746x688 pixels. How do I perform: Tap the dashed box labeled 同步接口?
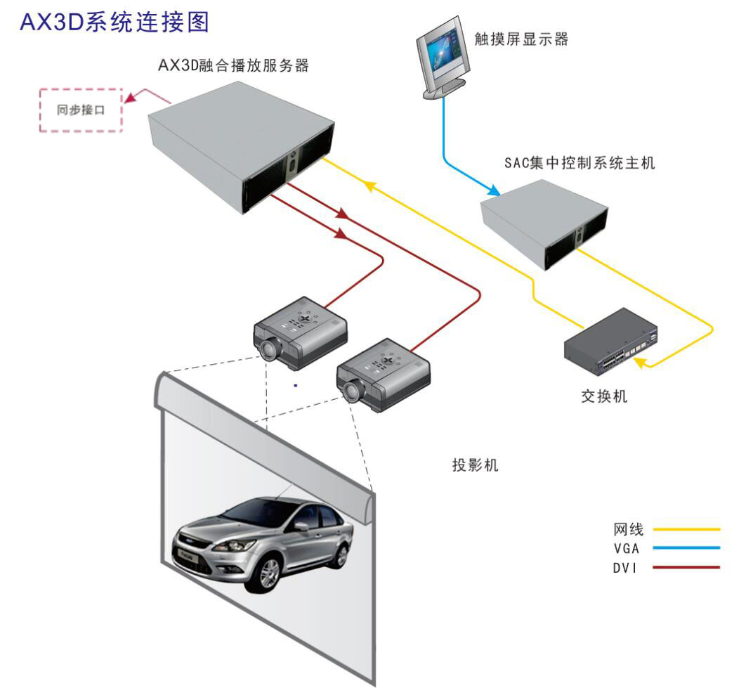[x=80, y=110]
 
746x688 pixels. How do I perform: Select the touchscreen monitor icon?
[x=440, y=62]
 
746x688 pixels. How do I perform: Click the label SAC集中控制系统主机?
[x=580, y=163]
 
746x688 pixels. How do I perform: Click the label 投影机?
[x=475, y=465]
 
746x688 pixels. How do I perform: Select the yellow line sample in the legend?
[x=686, y=529]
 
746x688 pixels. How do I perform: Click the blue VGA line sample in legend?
[x=686, y=548]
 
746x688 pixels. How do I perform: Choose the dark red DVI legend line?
[x=686, y=567]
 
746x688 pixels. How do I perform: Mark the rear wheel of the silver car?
[x=341, y=556]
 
